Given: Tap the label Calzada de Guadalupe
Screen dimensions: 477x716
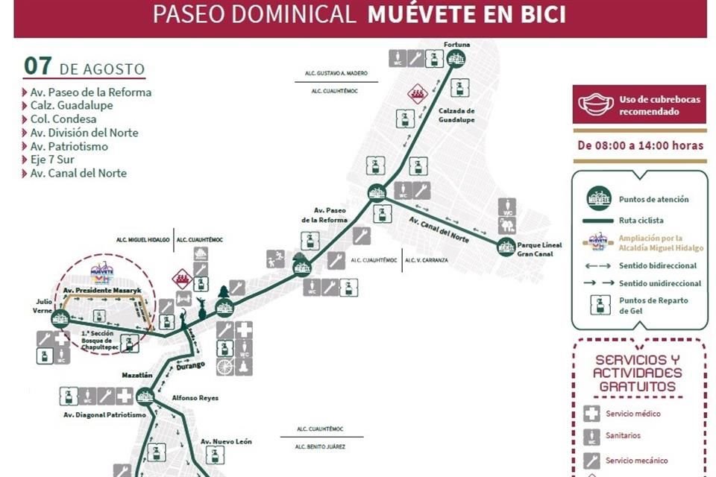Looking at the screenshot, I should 456,116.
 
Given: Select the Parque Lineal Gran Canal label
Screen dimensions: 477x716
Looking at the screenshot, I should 539,249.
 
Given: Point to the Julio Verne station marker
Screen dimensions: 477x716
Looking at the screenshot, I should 60,320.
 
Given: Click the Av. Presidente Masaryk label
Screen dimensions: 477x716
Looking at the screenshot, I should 103,290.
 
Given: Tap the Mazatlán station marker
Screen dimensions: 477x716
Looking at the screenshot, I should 145,397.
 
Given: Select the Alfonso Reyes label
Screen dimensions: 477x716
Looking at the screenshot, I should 195,398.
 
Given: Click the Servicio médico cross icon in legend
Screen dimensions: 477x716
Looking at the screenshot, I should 592,414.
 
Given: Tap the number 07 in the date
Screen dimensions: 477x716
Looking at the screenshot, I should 37,66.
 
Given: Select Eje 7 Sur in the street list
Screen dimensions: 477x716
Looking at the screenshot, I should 52,159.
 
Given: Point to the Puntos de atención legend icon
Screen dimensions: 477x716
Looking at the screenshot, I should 598,199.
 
